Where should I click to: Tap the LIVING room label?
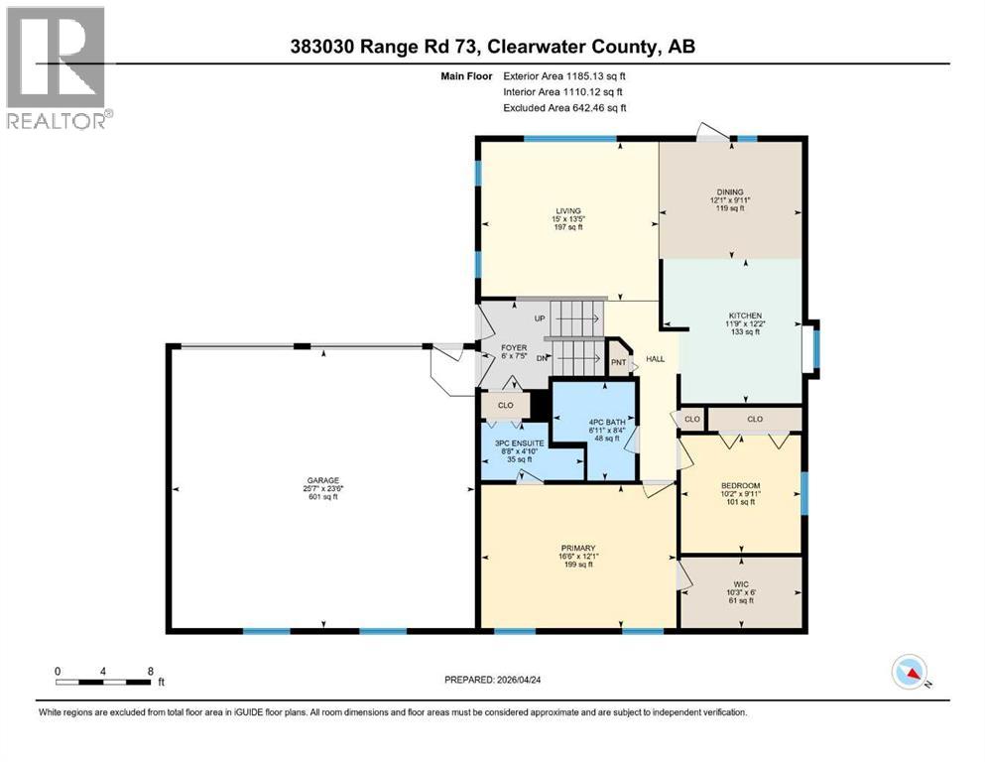pos(567,210)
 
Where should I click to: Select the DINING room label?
pos(730,192)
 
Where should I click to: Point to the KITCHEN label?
pos(744,316)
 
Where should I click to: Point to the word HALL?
pos(656,359)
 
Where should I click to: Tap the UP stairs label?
pos(540,318)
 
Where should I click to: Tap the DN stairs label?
pos(540,357)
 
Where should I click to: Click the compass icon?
pos(909,673)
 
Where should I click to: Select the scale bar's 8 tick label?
pos(150,670)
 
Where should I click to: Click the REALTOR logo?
pos(59,67)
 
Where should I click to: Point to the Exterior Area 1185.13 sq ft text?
pos(564,75)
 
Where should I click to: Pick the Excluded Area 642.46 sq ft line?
pos(564,107)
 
